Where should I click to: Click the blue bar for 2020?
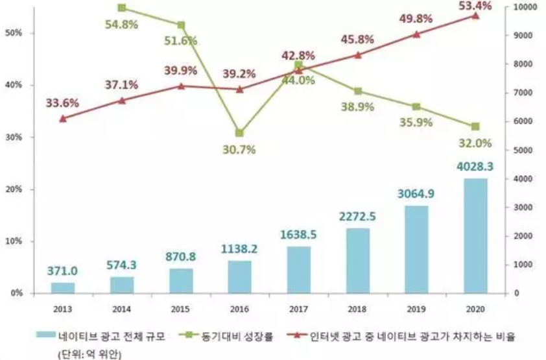(475, 235)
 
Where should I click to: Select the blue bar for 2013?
(63, 287)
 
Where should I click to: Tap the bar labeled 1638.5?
(299, 269)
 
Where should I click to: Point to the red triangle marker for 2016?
(240, 89)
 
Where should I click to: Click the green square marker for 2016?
(240, 133)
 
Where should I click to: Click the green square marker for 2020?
(475, 126)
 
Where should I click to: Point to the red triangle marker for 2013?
(62, 119)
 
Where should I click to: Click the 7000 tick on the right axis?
(522, 93)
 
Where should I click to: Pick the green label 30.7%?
(239, 150)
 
